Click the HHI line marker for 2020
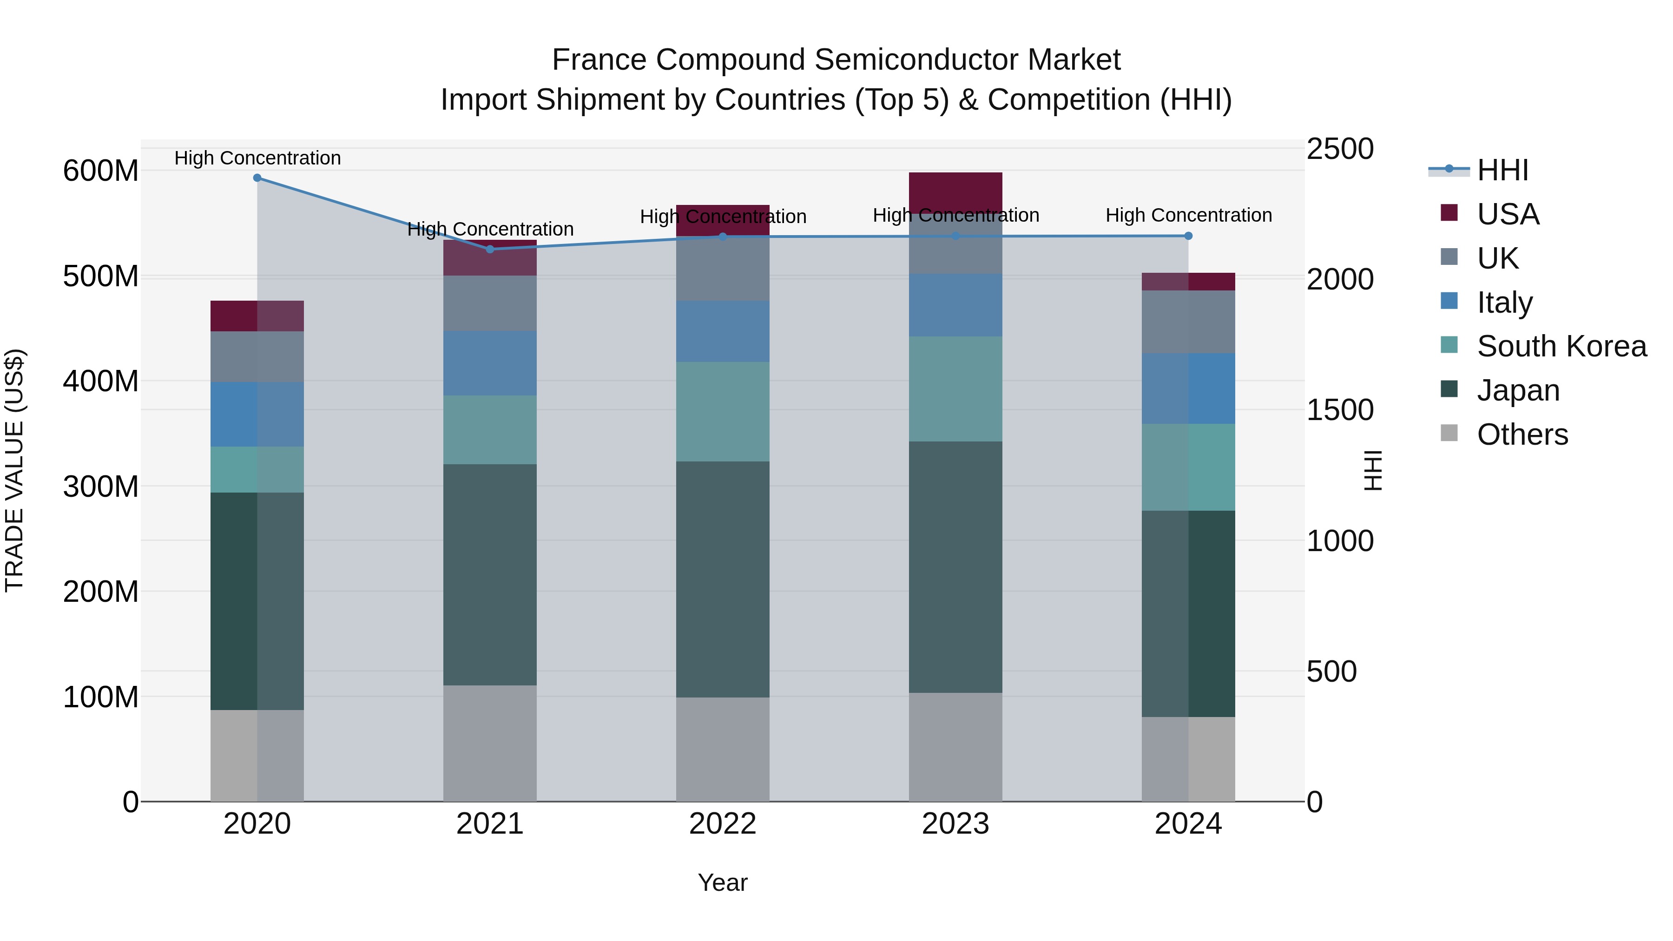pos(257,178)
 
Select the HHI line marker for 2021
pos(490,250)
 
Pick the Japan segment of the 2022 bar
pos(722,579)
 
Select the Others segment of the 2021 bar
pos(490,743)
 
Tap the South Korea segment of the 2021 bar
pos(490,429)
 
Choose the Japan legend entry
pos(1518,390)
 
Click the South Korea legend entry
pos(1561,346)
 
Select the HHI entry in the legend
pos(1502,170)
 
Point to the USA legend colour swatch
pos(1449,213)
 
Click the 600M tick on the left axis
pos(101,171)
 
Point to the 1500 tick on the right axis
pos(1340,410)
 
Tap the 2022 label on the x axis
pos(722,824)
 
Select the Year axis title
pos(722,882)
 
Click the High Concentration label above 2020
pos(257,158)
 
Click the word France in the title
pos(599,60)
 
